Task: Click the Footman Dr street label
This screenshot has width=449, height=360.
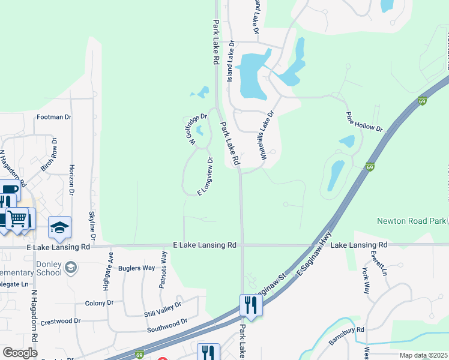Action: coord(54,117)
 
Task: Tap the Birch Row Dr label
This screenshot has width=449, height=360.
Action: coord(48,155)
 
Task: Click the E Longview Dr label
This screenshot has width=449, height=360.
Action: coord(206,176)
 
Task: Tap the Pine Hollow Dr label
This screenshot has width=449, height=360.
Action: coord(364,121)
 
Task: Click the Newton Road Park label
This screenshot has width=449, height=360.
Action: coord(412,221)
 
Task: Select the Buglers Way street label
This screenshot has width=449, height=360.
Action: coord(136,268)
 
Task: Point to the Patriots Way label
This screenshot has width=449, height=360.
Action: coord(163,270)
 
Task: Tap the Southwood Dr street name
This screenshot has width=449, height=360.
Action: coord(167,326)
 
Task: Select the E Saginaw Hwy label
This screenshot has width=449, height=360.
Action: coord(315,254)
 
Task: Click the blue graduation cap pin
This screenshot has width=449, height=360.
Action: coord(59,227)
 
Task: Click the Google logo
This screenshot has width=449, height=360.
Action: coord(20,352)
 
